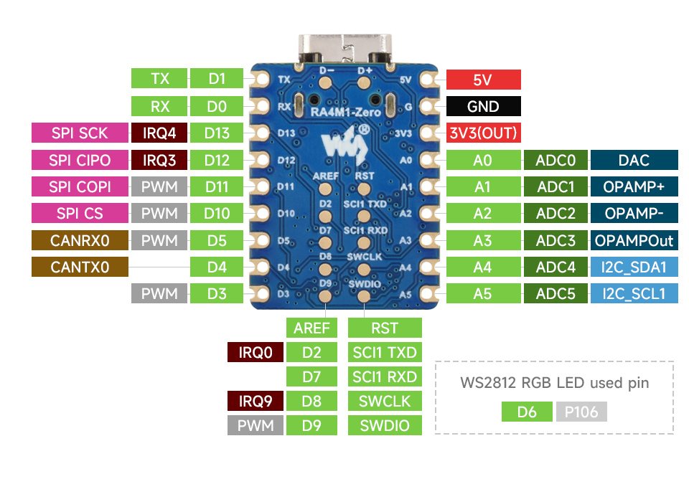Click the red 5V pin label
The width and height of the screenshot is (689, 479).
[x=483, y=80]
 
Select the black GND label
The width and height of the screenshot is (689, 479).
[x=483, y=106]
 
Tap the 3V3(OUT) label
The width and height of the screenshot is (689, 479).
[x=483, y=133]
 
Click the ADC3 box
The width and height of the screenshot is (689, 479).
[x=556, y=240]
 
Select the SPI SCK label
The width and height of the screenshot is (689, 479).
[x=79, y=133]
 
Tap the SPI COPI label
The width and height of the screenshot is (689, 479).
[x=79, y=186]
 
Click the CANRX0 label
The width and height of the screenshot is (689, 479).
[x=79, y=240]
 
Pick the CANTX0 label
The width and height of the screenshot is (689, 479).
[x=79, y=267]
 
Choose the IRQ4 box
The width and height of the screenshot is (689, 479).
[x=159, y=133]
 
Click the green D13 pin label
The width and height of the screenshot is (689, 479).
[x=217, y=133]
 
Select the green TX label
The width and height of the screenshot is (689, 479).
[x=159, y=79]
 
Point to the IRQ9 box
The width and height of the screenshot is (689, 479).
[x=256, y=401]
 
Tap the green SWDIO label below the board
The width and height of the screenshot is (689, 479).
[x=384, y=425]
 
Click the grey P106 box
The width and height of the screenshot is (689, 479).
[x=581, y=412]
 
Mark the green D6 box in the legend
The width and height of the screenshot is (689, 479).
[x=527, y=412]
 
